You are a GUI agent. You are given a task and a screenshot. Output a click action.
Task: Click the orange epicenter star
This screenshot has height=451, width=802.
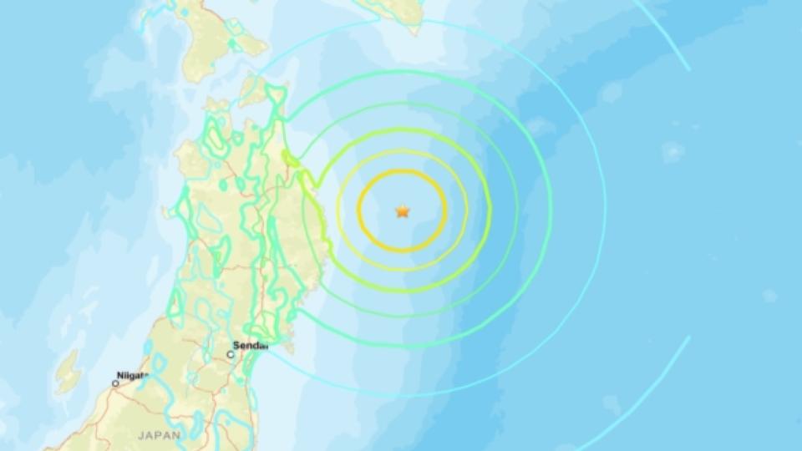point(403,211)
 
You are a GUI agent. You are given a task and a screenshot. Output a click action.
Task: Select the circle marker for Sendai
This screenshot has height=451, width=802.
point(231,354)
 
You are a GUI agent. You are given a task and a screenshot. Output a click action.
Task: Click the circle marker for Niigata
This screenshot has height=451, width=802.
point(115,383)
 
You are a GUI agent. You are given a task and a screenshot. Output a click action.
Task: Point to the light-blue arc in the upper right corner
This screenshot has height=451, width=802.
point(668,33)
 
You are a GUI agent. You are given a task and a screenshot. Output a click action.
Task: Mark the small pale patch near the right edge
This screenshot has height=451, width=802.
point(769,296)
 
